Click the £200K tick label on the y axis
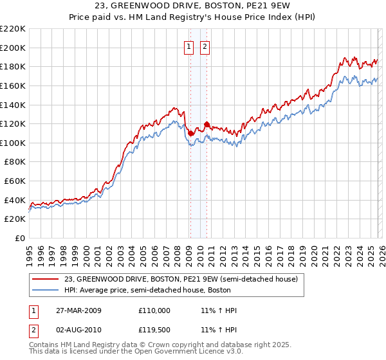tap(13, 48)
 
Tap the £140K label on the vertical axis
tap(13, 105)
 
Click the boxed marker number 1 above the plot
tap(189, 46)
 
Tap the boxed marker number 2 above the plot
tap(205, 46)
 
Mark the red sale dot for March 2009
tap(190, 133)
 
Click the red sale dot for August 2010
tap(206, 124)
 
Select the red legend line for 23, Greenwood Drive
tap(46, 280)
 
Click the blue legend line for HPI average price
tap(46, 290)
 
